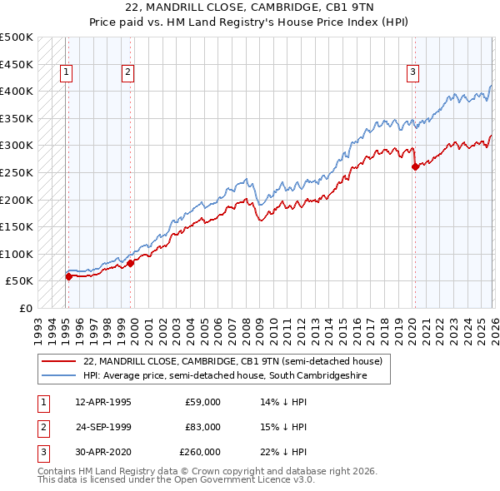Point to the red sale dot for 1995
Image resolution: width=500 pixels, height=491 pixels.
[68, 276]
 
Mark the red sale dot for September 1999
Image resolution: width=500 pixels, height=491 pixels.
[131, 263]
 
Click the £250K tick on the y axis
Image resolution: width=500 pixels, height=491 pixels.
[17, 172]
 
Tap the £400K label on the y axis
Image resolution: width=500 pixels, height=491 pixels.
[17, 91]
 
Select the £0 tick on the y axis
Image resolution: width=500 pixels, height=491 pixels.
[27, 308]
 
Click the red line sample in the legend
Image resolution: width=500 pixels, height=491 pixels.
[59, 362]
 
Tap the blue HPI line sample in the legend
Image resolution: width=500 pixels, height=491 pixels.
[59, 376]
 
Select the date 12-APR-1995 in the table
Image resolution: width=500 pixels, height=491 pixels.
[102, 402]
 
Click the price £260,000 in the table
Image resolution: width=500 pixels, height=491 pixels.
[199, 452]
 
